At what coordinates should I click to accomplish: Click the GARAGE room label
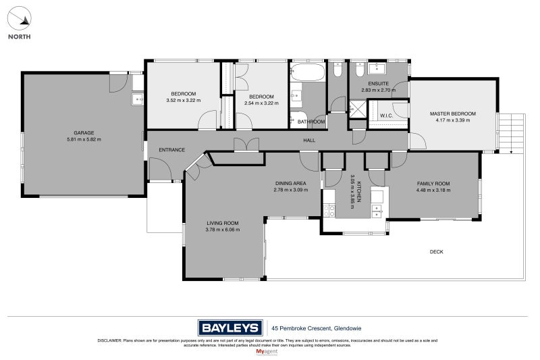click(x=84, y=132)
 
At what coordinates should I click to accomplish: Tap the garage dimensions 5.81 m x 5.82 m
click(x=84, y=139)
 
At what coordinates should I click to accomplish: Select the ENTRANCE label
click(x=171, y=149)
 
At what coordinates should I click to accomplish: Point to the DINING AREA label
click(x=290, y=183)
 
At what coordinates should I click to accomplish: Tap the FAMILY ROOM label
click(x=433, y=183)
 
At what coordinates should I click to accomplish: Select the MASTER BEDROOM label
click(x=452, y=113)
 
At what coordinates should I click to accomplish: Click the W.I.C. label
click(x=387, y=115)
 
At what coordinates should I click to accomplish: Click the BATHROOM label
click(x=311, y=122)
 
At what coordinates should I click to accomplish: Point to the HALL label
click(x=309, y=140)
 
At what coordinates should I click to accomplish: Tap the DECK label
click(x=437, y=252)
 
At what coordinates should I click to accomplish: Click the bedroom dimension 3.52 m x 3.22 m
click(x=183, y=101)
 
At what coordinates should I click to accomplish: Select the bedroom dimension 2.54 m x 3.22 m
click(x=261, y=103)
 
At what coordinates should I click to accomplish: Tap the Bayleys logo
click(x=230, y=328)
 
